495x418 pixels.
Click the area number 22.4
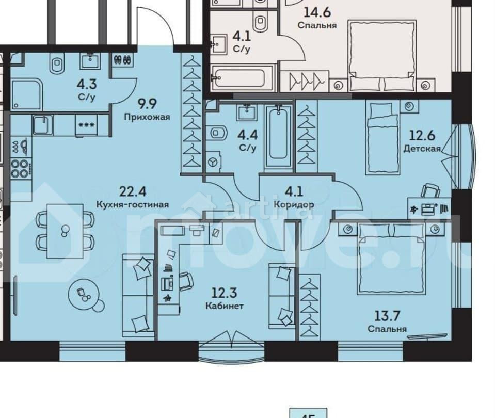click(129, 192)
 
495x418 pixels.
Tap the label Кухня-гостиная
click(133, 204)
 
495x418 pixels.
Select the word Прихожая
click(147, 117)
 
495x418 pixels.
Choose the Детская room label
click(422, 149)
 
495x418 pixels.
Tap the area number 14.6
click(317, 12)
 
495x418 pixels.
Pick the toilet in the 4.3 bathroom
click(56, 65)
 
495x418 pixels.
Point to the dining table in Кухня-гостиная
click(65, 231)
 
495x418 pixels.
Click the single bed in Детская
click(383, 137)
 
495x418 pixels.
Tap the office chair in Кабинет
click(185, 282)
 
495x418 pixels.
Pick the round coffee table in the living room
click(84, 295)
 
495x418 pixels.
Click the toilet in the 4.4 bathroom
click(218, 134)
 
